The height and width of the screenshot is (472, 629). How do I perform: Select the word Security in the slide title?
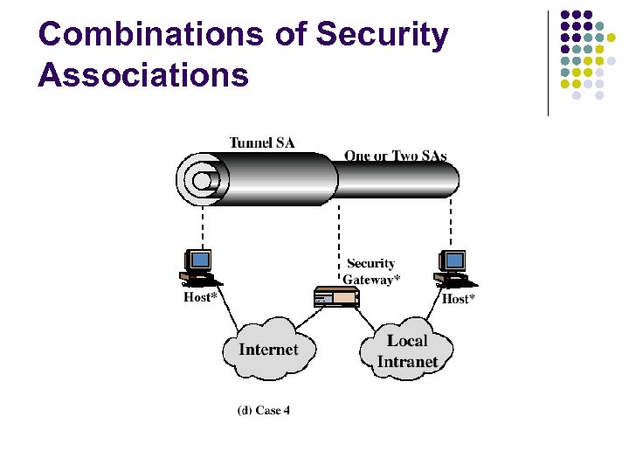click(x=382, y=35)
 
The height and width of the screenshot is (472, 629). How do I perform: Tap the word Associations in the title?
click(x=143, y=75)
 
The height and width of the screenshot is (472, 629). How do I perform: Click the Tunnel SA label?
click(x=262, y=142)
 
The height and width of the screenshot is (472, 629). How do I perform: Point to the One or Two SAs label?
click(x=395, y=156)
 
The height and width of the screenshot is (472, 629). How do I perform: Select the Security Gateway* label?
click(x=371, y=271)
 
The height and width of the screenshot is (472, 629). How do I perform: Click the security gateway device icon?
click(x=336, y=297)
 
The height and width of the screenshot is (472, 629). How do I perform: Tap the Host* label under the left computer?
click(x=200, y=297)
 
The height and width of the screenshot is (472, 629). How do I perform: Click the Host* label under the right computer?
click(x=459, y=299)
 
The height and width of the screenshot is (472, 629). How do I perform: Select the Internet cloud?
click(x=268, y=349)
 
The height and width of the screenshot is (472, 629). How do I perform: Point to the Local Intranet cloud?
click(x=407, y=351)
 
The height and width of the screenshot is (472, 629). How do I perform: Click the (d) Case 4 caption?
click(x=264, y=410)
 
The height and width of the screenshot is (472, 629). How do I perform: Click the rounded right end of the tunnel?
click(x=452, y=180)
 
